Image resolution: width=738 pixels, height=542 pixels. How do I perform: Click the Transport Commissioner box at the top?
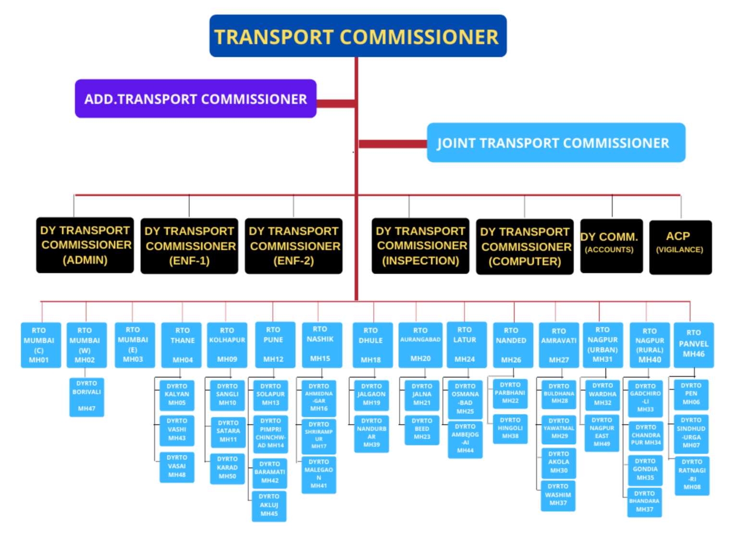358,36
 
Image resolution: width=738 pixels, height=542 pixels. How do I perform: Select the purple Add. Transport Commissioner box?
196,99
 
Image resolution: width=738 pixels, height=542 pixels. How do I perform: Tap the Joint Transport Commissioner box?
556,143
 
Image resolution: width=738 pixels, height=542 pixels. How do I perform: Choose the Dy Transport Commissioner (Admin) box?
85,245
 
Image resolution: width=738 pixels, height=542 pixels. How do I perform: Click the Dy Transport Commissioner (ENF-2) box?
294,246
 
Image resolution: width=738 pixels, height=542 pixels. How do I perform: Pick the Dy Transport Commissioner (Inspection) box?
420,246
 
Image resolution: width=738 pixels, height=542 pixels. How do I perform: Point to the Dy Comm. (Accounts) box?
611,246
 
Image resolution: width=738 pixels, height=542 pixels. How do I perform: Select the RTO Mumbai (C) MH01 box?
41,345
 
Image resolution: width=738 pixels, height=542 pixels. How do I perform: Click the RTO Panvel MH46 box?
693,345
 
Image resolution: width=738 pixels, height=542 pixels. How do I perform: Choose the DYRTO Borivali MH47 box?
86,397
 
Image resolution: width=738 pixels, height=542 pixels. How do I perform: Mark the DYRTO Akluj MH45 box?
269,506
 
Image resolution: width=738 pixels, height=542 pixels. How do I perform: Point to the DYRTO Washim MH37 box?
558,495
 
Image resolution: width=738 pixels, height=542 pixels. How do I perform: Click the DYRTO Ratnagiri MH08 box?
692,475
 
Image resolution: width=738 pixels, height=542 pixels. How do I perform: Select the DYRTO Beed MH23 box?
422,430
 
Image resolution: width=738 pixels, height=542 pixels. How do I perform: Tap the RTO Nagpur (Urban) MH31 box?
603,345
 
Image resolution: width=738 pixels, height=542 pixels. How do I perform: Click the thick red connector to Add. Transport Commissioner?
336,103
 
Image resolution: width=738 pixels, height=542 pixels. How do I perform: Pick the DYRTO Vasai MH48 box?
177,467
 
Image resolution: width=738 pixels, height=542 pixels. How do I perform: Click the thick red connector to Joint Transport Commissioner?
393,144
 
